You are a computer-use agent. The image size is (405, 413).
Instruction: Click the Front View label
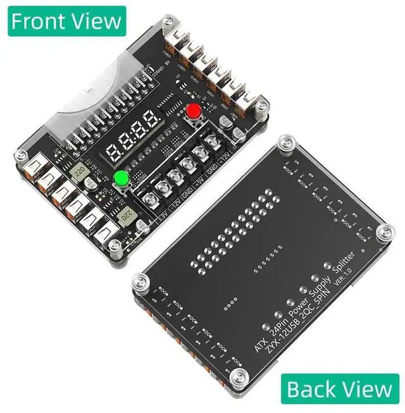pos(66,20)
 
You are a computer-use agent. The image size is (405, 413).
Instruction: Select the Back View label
pos(340,389)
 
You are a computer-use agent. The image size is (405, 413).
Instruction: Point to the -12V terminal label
pos(173,206)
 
